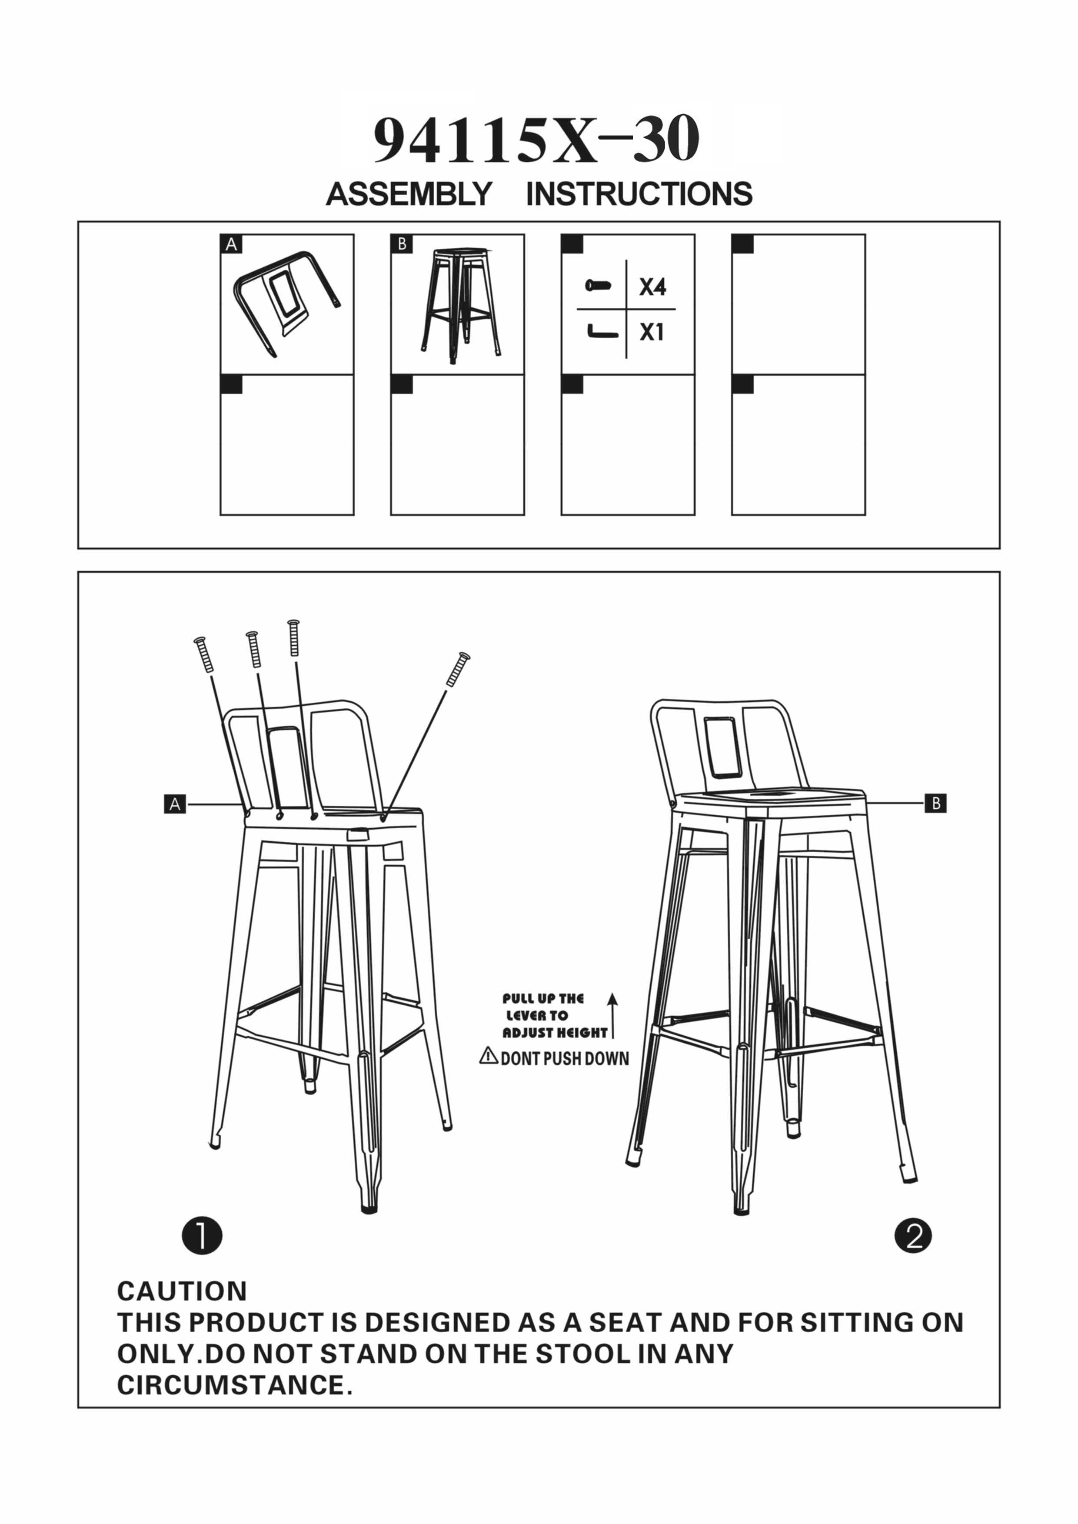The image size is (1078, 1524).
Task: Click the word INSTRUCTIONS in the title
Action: [639, 194]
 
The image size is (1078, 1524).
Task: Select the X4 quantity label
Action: [652, 287]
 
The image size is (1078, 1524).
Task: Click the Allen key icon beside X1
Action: [602, 331]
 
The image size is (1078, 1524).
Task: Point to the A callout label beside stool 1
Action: [175, 804]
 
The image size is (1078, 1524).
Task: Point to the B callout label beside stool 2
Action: [935, 804]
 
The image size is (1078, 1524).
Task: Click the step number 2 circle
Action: [913, 1236]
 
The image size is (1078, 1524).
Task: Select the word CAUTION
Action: [182, 1291]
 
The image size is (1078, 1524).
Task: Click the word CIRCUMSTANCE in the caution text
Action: [231, 1385]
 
